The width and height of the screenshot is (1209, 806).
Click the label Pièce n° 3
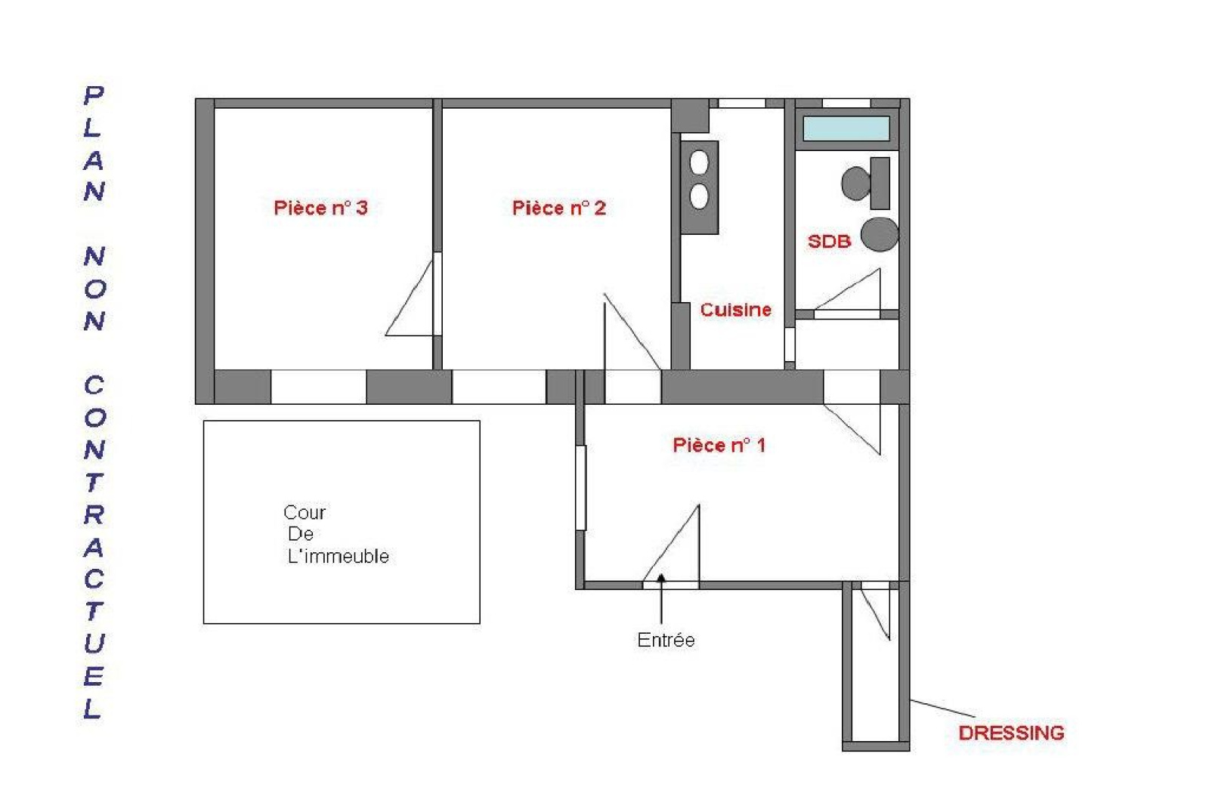(320, 208)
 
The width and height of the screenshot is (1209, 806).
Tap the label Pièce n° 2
(559, 208)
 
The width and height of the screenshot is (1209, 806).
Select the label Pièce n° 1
(719, 445)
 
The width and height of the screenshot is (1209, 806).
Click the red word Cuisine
(736, 310)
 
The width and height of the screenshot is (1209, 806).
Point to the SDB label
(829, 241)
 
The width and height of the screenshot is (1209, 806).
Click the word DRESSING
(1012, 733)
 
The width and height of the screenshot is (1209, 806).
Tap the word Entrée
(666, 640)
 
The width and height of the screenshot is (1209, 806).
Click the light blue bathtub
(846, 128)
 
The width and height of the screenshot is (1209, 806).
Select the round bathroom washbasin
(880, 235)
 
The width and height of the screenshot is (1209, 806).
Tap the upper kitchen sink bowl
(700, 162)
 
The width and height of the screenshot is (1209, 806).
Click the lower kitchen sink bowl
(700, 196)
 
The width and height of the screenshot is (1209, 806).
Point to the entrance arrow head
(661, 579)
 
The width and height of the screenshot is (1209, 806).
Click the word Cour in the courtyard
(305, 512)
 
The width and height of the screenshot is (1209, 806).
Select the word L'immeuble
(339, 556)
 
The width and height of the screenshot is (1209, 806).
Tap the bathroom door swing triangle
(848, 289)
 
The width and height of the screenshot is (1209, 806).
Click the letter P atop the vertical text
(94, 95)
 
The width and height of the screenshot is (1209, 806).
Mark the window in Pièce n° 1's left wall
(581, 488)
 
